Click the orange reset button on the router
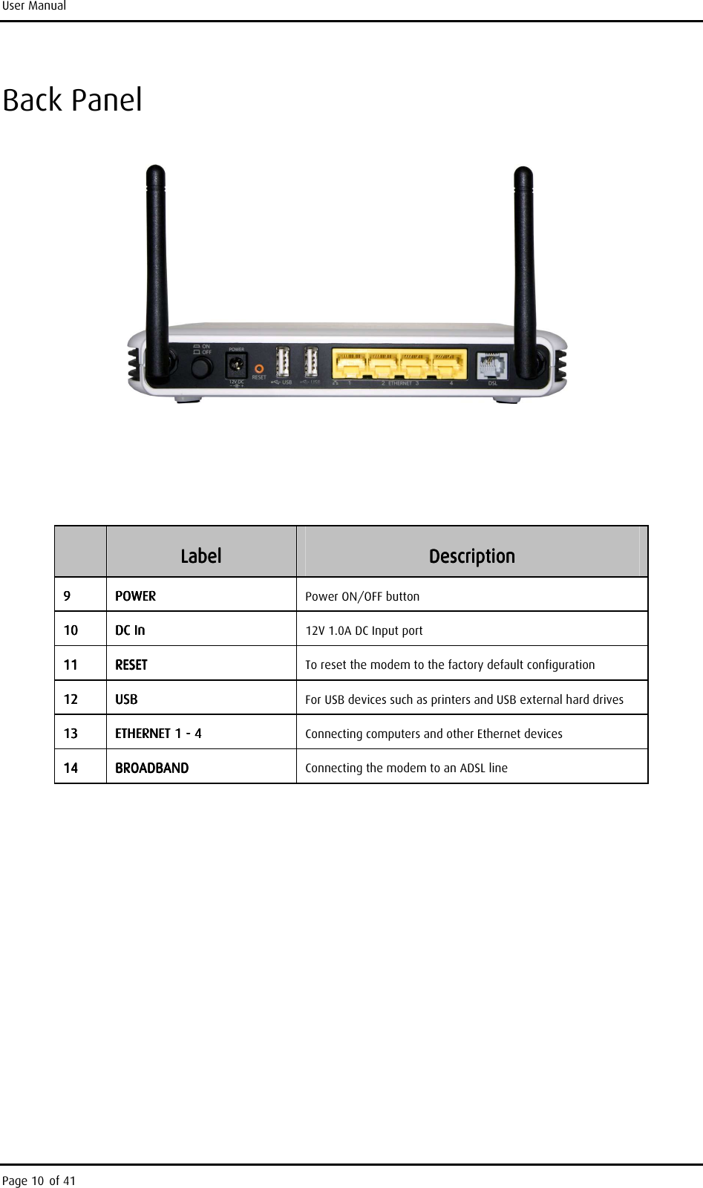tap(259, 368)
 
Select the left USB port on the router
tap(283, 363)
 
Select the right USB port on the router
tap(311, 363)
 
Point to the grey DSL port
tap(491, 366)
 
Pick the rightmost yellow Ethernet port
tap(447, 365)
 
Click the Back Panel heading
tap(73, 100)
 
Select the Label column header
tap(200, 556)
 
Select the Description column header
tap(471, 556)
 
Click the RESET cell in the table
tap(131, 665)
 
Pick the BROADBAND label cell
tap(151, 768)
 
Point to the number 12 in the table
tap(70, 699)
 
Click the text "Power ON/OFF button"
tap(362, 596)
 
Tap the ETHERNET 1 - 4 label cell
tap(158, 734)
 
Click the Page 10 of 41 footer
tap(39, 1181)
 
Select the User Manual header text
tap(33, 7)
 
